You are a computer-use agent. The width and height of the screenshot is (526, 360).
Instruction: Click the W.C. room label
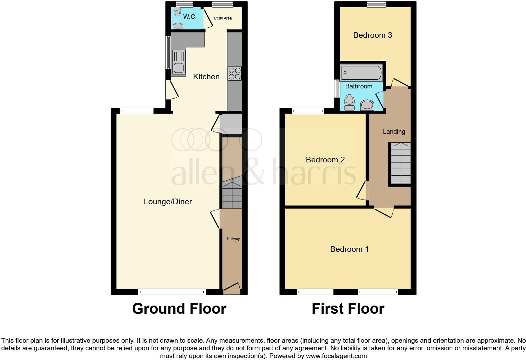190,17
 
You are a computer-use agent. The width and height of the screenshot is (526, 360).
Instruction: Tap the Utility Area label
222,18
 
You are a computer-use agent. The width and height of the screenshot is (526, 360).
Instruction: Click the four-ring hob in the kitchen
234,73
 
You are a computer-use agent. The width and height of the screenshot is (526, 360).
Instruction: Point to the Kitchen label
206,76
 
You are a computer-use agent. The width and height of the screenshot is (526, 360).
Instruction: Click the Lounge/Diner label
168,202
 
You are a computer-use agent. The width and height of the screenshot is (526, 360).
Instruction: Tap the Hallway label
233,239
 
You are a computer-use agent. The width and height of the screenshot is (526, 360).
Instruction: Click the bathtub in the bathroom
361,73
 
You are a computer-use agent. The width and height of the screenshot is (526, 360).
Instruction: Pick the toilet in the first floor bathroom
349,102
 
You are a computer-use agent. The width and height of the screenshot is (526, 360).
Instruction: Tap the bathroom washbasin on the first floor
367,105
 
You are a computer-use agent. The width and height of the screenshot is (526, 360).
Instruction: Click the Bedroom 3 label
372,35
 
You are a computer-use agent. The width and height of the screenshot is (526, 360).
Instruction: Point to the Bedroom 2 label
325,160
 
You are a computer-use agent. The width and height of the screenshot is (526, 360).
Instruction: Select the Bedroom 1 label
349,249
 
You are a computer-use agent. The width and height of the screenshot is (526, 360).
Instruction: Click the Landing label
394,132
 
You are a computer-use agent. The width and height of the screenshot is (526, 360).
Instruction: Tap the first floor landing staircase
400,163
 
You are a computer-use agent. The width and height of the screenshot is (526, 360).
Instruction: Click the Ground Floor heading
179,309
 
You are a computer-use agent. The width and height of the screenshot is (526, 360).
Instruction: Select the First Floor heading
348,309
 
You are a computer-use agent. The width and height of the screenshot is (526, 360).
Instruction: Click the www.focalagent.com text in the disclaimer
336,356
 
